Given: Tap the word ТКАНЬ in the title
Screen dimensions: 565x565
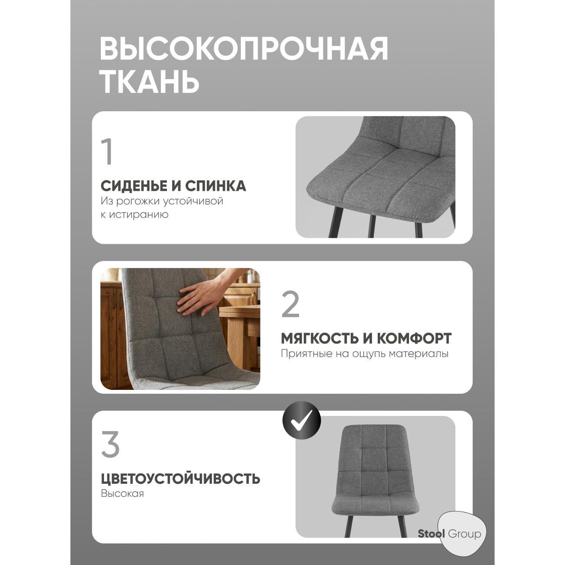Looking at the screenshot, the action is click(150, 81).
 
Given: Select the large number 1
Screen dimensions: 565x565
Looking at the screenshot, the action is click(107, 152).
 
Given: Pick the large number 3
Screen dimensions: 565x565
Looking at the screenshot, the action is click(110, 444).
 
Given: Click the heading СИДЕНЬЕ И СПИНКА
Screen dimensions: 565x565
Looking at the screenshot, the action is click(173, 186).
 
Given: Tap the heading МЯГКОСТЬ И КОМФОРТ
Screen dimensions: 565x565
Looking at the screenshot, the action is click(366, 338).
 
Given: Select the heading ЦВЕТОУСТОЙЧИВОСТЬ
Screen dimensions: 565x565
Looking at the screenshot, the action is click(180, 479).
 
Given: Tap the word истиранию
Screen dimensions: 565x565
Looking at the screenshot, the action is click(139, 215).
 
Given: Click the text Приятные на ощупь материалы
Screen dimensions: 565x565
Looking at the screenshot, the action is click(365, 354).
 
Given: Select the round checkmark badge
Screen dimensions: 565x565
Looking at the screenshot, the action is click(302, 420).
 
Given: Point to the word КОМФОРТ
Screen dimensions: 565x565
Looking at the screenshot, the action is click(414, 338).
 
